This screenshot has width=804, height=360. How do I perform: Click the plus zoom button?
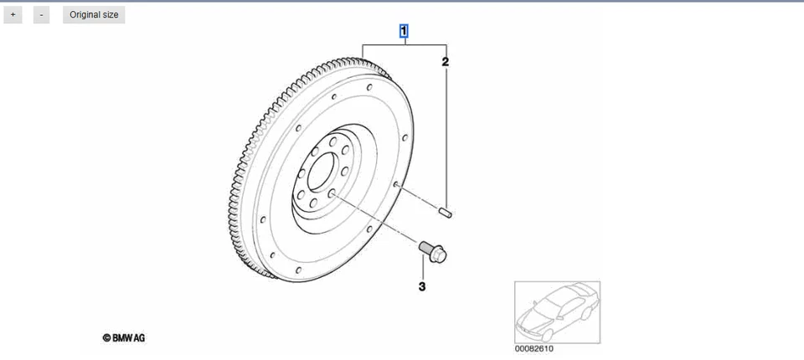click(x=13, y=15)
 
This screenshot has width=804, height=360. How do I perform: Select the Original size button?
click(x=94, y=15)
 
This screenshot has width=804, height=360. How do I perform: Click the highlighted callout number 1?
click(x=405, y=33)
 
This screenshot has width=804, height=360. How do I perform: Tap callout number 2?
click(x=446, y=62)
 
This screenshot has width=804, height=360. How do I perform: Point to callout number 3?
click(x=422, y=287)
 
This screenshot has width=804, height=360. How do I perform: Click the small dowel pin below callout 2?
click(x=446, y=212)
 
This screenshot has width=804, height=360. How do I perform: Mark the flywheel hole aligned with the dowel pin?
click(x=394, y=184)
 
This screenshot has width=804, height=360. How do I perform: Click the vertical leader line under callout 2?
click(x=446, y=134)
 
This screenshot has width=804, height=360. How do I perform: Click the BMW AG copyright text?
click(x=123, y=338)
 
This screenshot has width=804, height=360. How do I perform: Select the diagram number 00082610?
click(x=533, y=349)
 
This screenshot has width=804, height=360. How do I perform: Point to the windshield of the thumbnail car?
click(x=557, y=302)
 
